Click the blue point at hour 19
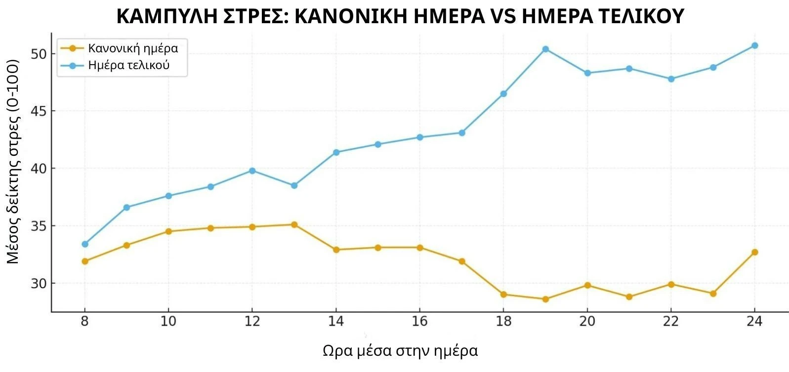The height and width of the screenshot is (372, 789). point(545,49)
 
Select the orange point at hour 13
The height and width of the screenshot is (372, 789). point(294,225)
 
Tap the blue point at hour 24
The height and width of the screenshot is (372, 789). point(754,46)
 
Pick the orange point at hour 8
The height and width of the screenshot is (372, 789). point(85,261)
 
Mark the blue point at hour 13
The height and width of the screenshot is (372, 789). point(294,186)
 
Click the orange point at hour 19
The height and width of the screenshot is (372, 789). point(545,299)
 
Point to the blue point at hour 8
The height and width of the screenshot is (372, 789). point(85,244)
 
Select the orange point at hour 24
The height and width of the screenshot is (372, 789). point(754,253)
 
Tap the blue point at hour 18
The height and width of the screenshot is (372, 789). point(503,94)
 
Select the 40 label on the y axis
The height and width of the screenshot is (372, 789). point(39,169)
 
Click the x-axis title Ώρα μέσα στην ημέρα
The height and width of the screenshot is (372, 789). point(400,351)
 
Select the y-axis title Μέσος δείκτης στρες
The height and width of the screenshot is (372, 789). point(13,163)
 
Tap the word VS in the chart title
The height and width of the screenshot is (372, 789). point(504,17)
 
